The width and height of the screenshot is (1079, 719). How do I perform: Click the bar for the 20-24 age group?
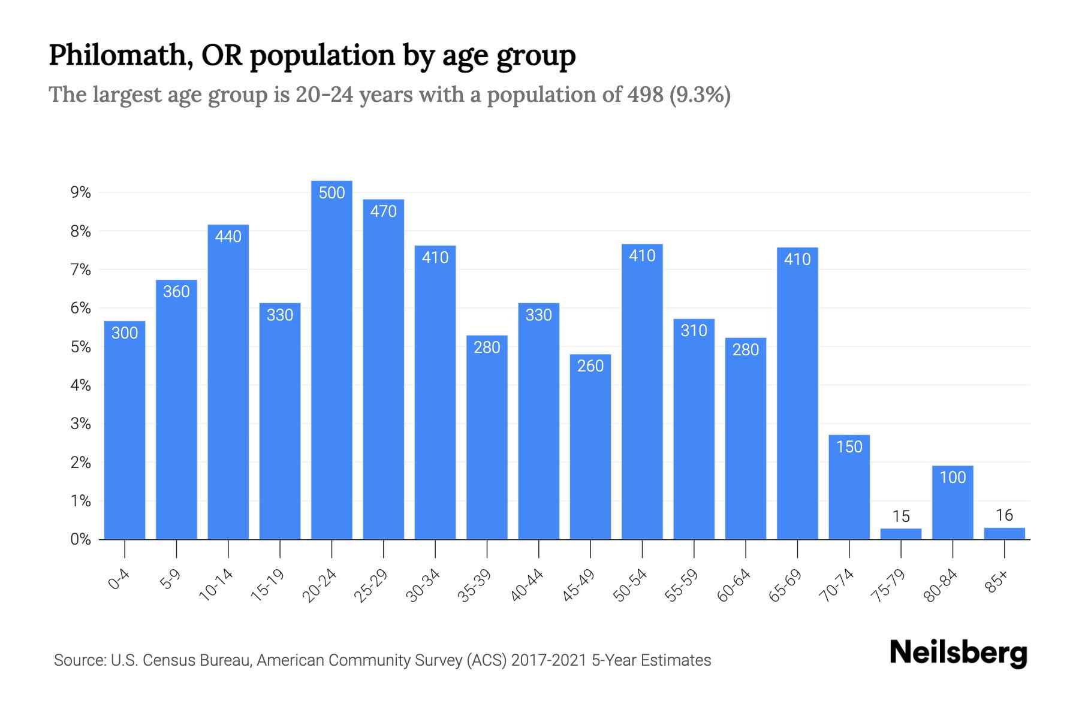point(331,359)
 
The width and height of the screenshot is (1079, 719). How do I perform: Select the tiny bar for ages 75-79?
point(900,533)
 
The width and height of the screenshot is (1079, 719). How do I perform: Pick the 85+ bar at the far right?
point(1004,533)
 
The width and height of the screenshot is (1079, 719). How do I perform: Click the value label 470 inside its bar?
point(384,212)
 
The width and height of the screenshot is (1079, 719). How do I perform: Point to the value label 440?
point(228,237)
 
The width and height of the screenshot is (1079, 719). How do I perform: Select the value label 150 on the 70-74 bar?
point(849,447)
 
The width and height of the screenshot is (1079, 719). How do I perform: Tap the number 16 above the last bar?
point(1004,515)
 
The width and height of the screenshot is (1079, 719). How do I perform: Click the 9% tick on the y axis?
point(80,192)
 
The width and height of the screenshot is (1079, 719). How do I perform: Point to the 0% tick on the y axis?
point(80,539)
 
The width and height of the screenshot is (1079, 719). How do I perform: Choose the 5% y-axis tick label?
point(80,347)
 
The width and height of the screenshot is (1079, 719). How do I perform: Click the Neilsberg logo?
point(958,652)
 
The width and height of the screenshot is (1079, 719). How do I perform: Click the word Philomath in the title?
point(120,55)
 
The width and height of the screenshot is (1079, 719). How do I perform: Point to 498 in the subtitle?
point(645,95)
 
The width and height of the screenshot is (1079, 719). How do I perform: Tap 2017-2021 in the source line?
point(548,660)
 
